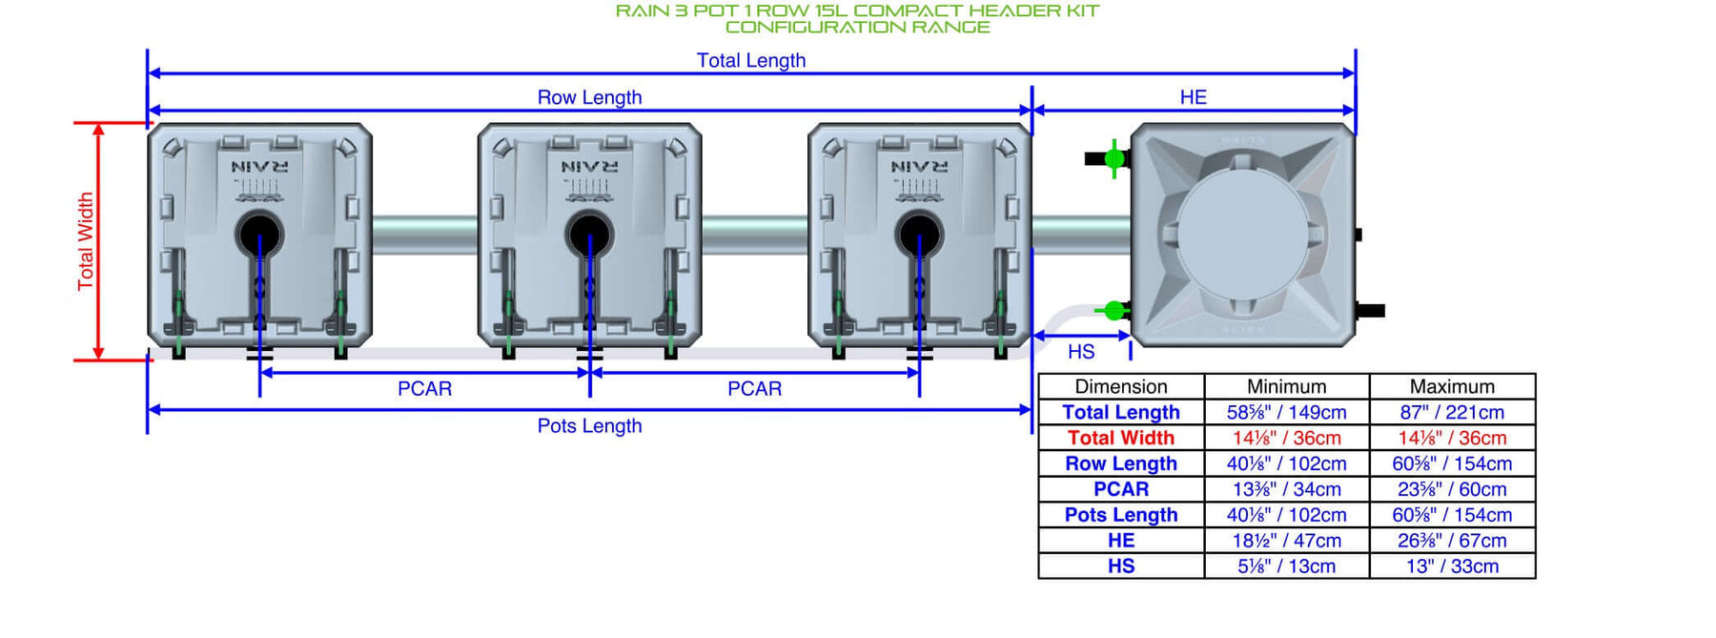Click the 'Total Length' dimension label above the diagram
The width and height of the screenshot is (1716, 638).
point(751,60)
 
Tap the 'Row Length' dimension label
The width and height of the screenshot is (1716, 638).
point(589,97)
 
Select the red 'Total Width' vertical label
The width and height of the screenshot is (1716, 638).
point(86,241)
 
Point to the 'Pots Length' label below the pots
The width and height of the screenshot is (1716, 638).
point(589,425)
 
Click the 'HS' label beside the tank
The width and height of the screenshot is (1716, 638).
point(1081,352)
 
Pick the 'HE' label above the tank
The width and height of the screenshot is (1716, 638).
point(1194,97)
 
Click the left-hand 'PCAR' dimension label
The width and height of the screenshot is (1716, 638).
point(424,388)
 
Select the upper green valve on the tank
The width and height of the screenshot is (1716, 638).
point(1113,158)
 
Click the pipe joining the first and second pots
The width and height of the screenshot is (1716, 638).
point(425,235)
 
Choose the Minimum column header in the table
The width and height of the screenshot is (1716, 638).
point(1287,386)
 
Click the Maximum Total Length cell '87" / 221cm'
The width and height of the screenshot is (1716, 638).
point(1452,412)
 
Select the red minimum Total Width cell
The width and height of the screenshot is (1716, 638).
point(1287,438)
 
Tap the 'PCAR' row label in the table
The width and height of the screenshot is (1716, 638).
point(1121,489)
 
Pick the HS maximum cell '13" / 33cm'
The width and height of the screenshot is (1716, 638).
point(1452,566)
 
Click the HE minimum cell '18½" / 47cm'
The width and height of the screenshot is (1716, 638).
point(1287,541)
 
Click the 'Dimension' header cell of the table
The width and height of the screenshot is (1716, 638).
point(1121,386)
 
